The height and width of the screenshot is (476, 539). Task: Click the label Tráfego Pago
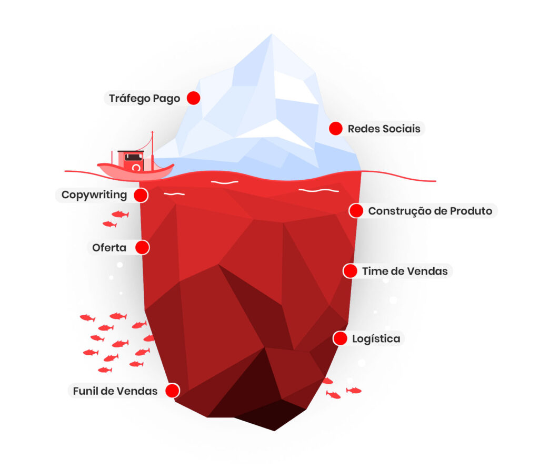tap(144, 99)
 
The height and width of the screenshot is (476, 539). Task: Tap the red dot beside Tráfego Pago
tap(194, 98)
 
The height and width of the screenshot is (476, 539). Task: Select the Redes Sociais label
tap(384, 129)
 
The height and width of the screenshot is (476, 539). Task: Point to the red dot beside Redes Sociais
tap(335, 129)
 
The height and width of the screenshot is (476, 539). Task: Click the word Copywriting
tap(94, 195)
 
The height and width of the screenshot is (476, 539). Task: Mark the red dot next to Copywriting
tap(141, 195)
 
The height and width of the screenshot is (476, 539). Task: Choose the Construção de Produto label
tap(430, 211)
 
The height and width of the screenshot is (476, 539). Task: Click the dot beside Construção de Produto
tap(356, 211)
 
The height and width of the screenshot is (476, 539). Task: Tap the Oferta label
tap(109, 247)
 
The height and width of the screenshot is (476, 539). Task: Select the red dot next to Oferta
tap(142, 247)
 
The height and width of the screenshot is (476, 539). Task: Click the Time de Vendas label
tap(405, 271)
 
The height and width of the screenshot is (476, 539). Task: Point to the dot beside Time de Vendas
tap(350, 271)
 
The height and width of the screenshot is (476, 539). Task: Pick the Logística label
tap(376, 339)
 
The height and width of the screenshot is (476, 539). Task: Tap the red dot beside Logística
tap(340, 338)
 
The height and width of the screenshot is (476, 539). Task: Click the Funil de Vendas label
tap(115, 391)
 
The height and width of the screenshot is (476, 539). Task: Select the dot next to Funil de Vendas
tap(172, 391)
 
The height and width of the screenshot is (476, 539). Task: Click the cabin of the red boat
tap(131, 160)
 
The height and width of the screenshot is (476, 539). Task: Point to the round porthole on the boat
tap(136, 168)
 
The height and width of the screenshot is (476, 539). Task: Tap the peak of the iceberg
tap(272, 34)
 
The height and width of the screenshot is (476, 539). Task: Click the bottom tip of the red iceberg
tap(274, 430)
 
